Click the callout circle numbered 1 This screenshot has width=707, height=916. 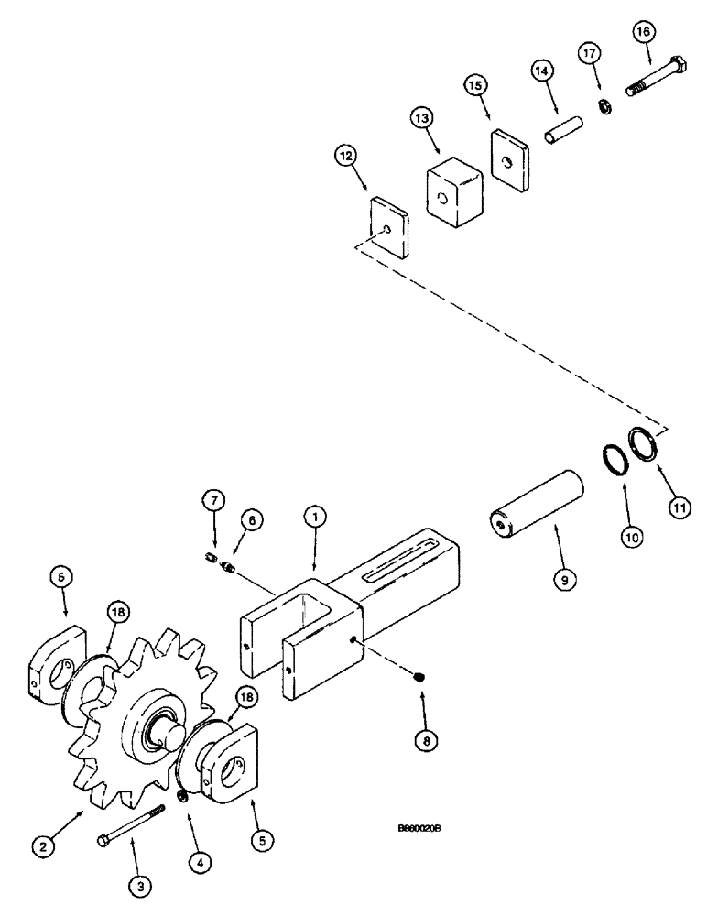point(313,518)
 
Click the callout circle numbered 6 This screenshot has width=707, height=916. point(250,518)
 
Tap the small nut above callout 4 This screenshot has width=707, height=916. point(183,796)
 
